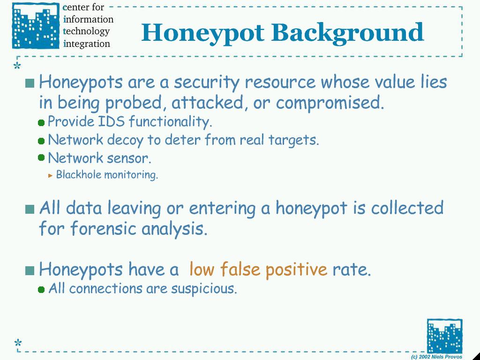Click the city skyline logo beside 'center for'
click(36, 26)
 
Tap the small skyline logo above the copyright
click(444, 336)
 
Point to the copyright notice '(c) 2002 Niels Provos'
click(437, 357)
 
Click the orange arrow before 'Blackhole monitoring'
click(51, 176)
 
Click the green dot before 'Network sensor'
click(41, 157)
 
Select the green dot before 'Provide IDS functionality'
click(41, 123)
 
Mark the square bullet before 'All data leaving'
click(30, 210)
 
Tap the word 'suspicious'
click(204, 289)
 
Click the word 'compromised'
click(330, 103)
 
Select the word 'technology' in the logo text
click(86, 31)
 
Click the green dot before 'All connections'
click(41, 290)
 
